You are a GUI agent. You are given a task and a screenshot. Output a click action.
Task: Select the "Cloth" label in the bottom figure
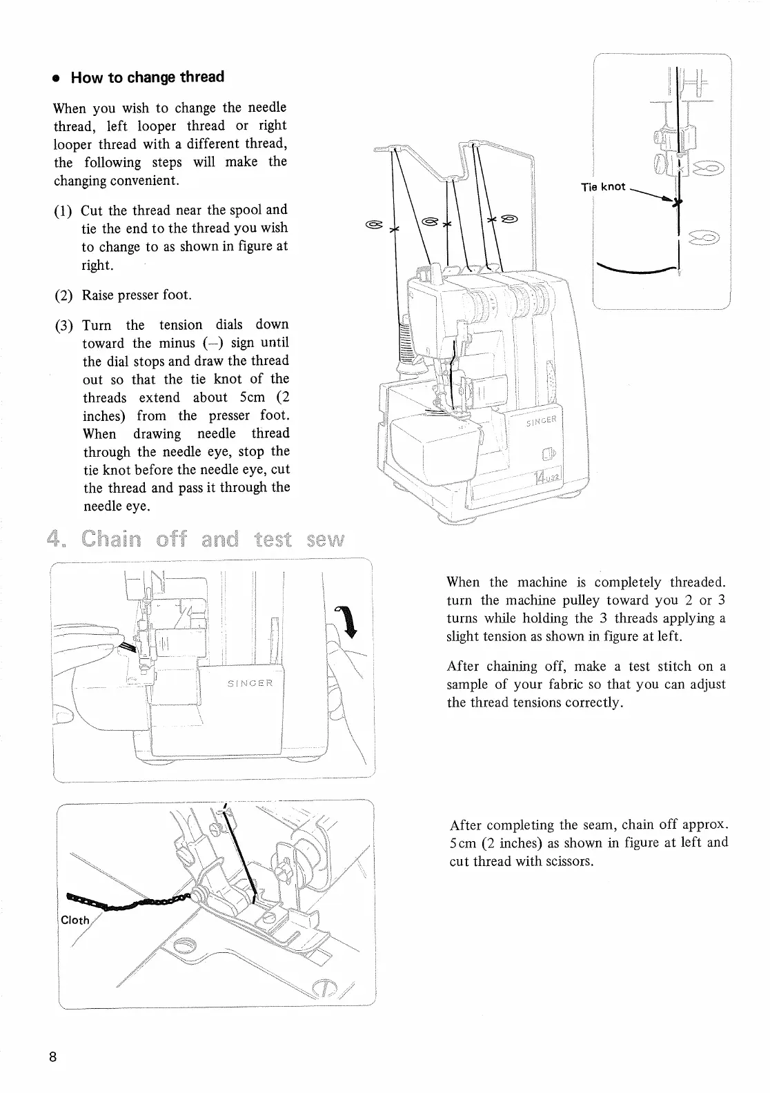tap(75, 920)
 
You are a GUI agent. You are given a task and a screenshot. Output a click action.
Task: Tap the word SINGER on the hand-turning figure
tap(250, 683)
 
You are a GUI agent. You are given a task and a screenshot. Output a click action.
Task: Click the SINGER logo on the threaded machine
tap(544, 422)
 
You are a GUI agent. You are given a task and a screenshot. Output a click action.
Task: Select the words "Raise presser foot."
tap(137, 295)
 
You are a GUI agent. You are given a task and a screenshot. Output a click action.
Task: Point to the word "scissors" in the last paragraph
tap(570, 861)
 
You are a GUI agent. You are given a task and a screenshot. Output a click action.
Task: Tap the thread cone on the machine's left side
tap(406, 345)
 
